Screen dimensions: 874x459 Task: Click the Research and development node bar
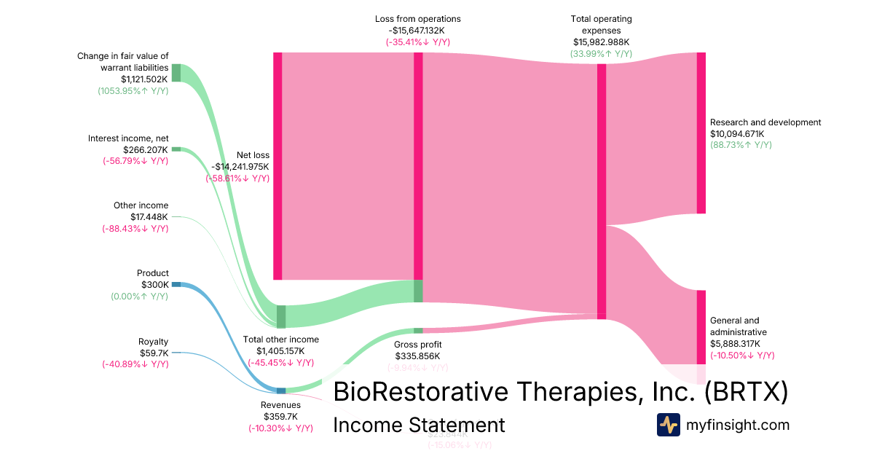pyautogui.click(x=701, y=133)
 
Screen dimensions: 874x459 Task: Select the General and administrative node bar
pyautogui.click(x=701, y=326)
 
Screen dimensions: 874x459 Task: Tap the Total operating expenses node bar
pyautogui.click(x=602, y=191)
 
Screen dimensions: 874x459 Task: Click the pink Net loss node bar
pyautogui.click(x=277, y=165)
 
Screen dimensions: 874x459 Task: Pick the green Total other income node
pyautogui.click(x=281, y=317)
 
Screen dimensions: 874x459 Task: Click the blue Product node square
pyautogui.click(x=176, y=284)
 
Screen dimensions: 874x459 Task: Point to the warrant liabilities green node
pyautogui.click(x=176, y=72)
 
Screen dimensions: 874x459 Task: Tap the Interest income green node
pyautogui.click(x=176, y=149)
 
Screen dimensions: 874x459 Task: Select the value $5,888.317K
pyautogui.click(x=735, y=344)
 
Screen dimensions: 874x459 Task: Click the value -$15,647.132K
pyautogui.click(x=418, y=31)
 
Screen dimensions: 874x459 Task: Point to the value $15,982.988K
pyautogui.click(x=602, y=42)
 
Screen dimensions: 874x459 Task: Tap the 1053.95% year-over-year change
pyautogui.click(x=133, y=91)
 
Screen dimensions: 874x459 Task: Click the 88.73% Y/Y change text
pyautogui.click(x=741, y=146)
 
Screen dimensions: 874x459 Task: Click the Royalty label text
pyautogui.click(x=153, y=342)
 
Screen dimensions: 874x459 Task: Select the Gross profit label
pyautogui.click(x=417, y=345)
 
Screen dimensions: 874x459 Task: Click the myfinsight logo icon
pyautogui.click(x=668, y=425)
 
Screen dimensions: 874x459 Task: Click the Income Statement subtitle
pyautogui.click(x=419, y=425)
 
